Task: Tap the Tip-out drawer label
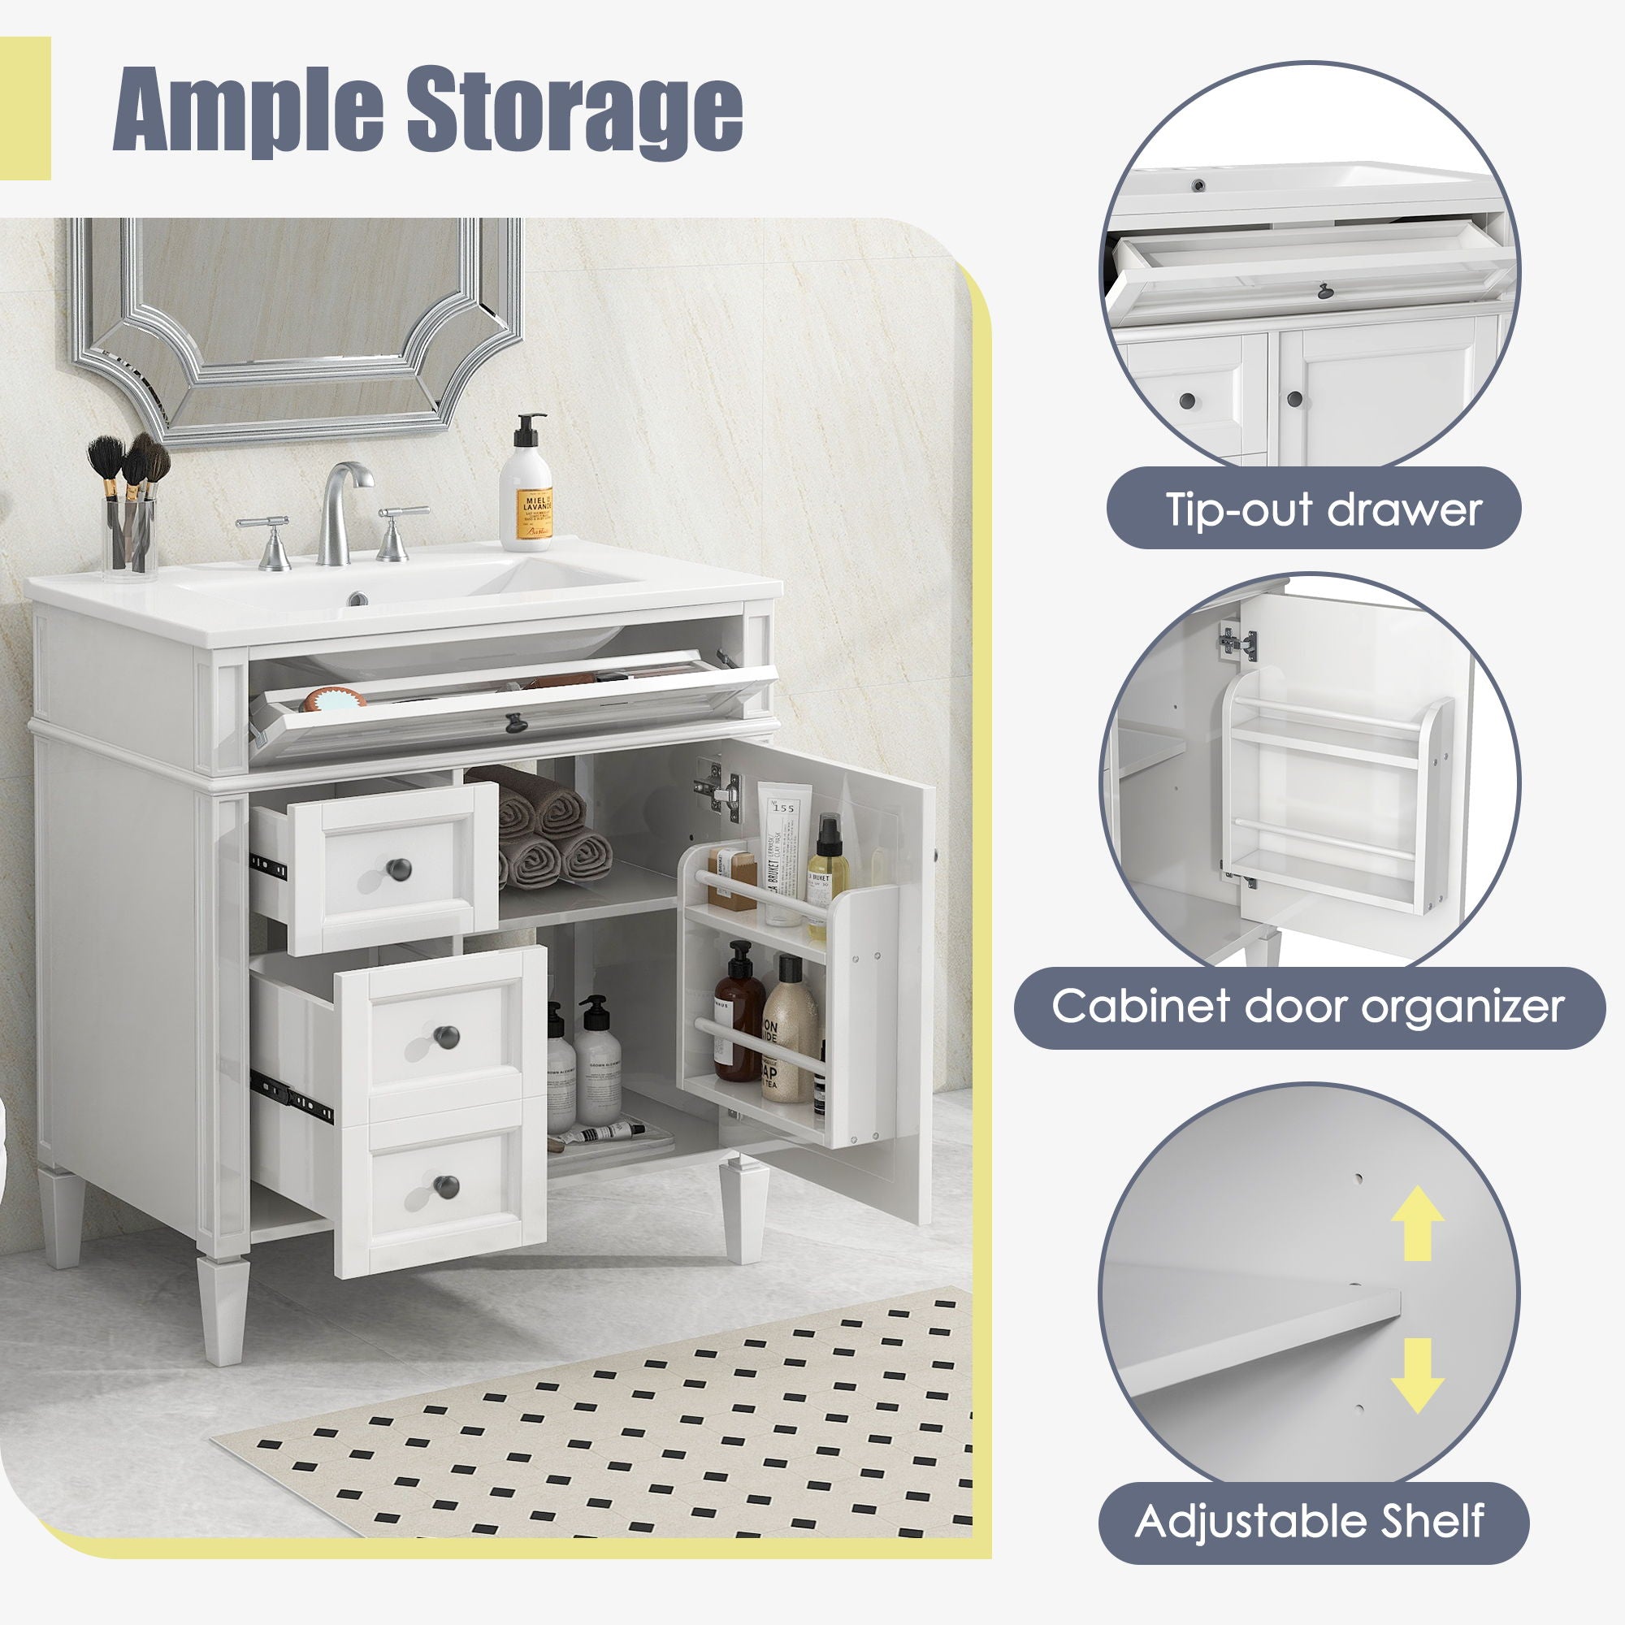pyautogui.click(x=1321, y=509)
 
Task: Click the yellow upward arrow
pyautogui.click(x=1418, y=1235)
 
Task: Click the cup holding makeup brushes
pyautogui.click(x=130, y=535)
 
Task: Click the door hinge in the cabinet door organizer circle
pyautogui.click(x=1233, y=641)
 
